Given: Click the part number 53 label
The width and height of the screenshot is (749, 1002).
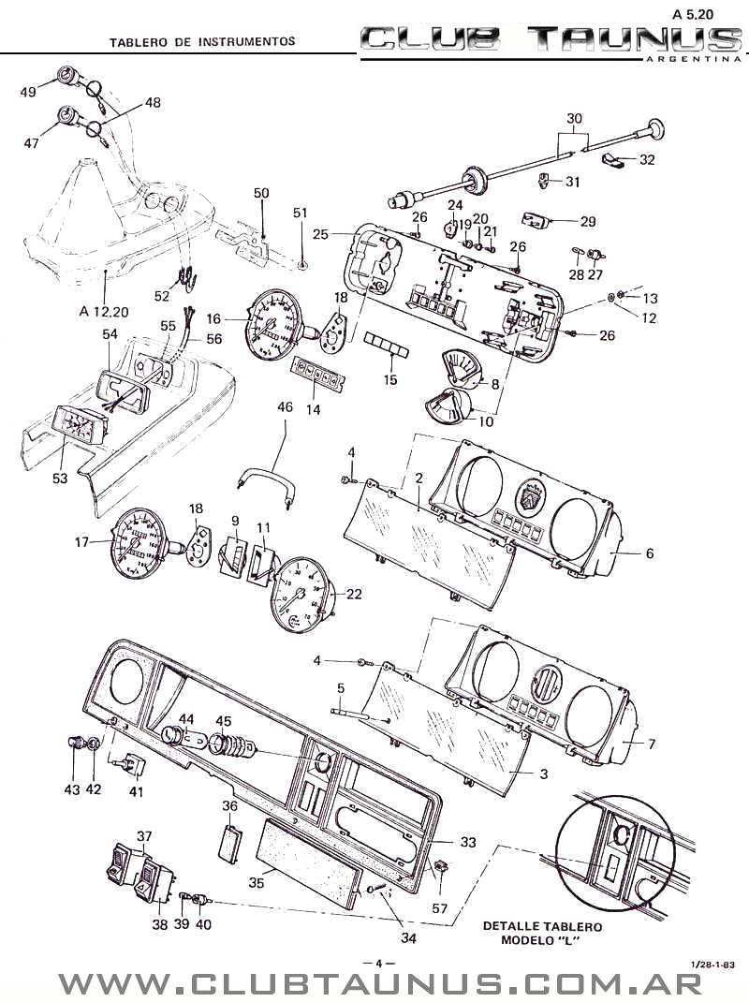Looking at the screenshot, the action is [60, 478].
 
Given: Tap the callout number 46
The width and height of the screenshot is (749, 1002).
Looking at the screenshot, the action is [285, 407].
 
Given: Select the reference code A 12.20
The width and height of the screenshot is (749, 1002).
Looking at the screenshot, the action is [104, 312].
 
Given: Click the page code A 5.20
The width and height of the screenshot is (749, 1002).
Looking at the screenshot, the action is [693, 13].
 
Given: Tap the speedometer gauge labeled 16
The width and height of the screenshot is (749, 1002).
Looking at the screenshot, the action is [275, 325].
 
